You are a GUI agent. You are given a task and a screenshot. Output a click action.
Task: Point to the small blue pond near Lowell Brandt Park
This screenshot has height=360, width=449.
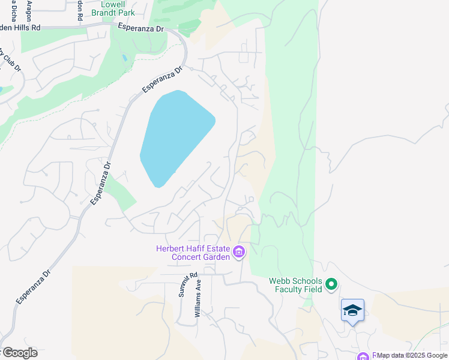point(124,58)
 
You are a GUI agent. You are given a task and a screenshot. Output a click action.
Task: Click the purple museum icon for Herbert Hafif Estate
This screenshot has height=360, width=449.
point(239,252)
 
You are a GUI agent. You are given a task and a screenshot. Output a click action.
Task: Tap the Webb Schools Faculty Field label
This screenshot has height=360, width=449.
point(295,284)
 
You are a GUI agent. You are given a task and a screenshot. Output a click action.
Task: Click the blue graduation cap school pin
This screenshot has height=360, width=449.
point(352,311)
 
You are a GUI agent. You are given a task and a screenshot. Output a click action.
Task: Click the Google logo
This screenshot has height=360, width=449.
point(19,353)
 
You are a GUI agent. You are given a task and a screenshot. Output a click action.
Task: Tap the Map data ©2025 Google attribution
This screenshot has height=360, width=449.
point(412,356)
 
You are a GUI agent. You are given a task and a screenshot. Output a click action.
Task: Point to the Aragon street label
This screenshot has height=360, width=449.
point(29,11)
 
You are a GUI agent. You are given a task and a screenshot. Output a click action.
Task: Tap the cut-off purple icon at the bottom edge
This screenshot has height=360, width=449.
point(363,357)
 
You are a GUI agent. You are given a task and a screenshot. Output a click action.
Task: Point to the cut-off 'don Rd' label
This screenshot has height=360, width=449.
point(79,11)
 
